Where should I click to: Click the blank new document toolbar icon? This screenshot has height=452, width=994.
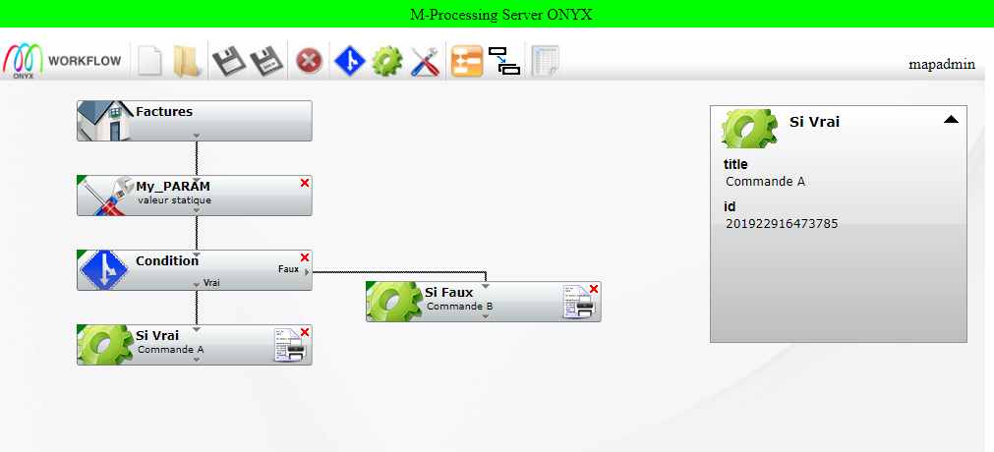pos(148,61)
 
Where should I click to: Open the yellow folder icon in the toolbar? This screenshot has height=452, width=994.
pos(187,61)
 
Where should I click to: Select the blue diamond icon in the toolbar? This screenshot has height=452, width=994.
pos(350,61)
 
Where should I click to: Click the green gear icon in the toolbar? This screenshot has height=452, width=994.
pos(387,61)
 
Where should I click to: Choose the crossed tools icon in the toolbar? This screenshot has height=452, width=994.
pos(425,61)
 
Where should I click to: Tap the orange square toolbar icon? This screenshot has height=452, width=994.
pos(466,61)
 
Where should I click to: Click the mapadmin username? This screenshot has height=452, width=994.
pos(942,64)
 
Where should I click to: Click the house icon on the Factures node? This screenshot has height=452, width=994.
pos(105,121)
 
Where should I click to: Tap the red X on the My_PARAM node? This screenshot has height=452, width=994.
pos(305,183)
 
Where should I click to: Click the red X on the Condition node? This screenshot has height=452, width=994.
pos(305,257)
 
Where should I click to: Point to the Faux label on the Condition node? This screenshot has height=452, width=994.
pos(288,268)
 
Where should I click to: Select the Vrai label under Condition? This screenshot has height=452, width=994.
pos(211,282)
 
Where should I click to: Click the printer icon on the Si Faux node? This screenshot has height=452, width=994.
pos(577,303)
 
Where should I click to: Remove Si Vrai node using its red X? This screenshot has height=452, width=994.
pos(305,332)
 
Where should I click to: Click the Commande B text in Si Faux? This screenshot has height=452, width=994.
pos(459,306)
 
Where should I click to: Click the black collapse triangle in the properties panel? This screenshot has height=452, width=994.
pos(951,120)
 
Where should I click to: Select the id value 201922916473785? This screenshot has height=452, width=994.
pos(782,224)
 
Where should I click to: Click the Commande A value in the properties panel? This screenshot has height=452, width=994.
pos(765,181)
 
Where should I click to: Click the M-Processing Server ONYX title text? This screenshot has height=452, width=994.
pos(501,14)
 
